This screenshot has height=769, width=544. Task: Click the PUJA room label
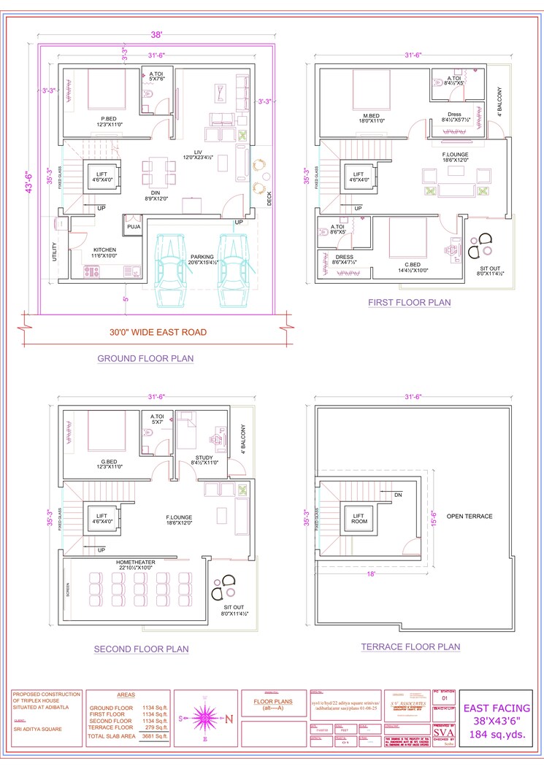coord(134,227)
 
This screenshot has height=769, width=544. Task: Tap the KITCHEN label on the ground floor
coord(104,250)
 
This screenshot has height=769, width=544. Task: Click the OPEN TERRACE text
coord(470,517)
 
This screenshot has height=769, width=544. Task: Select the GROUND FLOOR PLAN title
coord(145,358)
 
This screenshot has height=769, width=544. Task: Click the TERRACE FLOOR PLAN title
coord(410,646)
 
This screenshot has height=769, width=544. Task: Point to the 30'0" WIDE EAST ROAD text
coord(157,332)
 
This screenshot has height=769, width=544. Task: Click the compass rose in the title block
coord(205,718)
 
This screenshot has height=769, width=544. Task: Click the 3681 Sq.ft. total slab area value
coord(154,737)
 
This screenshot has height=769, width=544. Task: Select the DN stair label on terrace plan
coord(398,495)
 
